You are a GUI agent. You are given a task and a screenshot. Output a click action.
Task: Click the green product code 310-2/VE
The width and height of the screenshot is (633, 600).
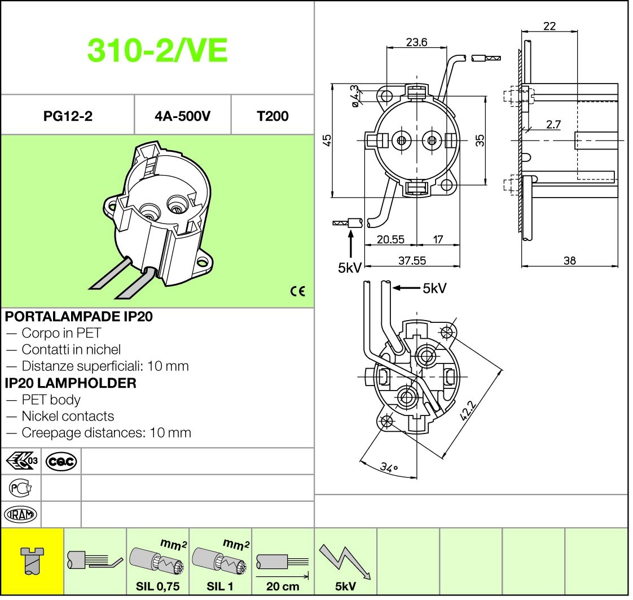pyautogui.click(x=157, y=50)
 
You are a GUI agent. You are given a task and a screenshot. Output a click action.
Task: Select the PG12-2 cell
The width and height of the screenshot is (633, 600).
pyautogui.click(x=68, y=116)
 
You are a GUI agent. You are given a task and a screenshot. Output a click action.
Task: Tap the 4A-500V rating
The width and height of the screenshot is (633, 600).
pyautogui.click(x=182, y=116)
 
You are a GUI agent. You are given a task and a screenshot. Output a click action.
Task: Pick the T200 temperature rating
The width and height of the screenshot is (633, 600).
pyautogui.click(x=272, y=116)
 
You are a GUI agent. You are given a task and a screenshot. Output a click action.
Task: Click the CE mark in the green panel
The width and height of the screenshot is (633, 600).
pyautogui.click(x=297, y=291)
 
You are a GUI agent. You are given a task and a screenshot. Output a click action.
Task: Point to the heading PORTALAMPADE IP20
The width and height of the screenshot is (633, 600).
pyautogui.click(x=79, y=316)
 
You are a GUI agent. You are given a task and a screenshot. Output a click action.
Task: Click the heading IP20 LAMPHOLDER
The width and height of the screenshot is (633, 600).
pyautogui.click(x=71, y=383)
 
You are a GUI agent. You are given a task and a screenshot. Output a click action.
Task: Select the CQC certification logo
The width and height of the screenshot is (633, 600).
pyautogui.click(x=61, y=461)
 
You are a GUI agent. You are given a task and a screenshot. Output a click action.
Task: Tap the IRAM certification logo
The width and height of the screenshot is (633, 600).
pyautogui.click(x=20, y=514)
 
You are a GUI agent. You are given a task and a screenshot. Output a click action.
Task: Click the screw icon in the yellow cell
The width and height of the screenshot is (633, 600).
pyautogui.click(x=32, y=560)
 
